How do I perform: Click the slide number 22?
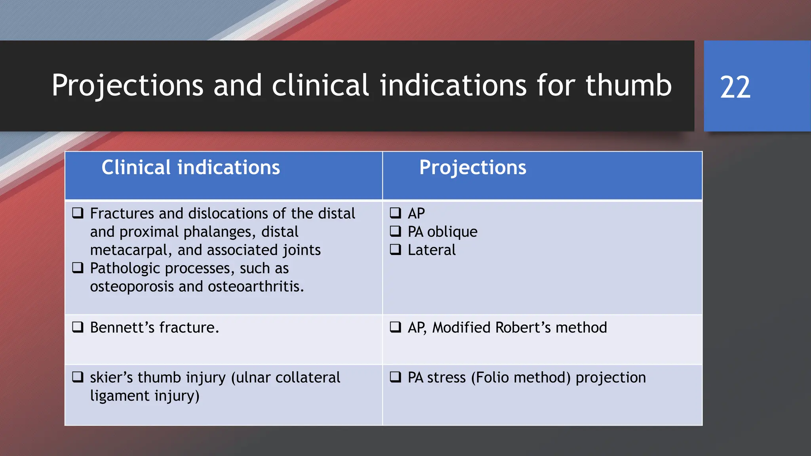735,87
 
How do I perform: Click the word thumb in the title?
628,85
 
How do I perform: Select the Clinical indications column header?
190,167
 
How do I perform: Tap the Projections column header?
473,167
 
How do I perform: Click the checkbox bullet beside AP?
395,213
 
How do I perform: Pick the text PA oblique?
442,232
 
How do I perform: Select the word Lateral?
432,250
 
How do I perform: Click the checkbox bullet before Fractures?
78,213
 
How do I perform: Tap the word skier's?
111,378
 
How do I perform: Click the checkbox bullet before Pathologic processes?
78,268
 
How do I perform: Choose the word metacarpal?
131,250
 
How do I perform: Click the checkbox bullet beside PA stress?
395,377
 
